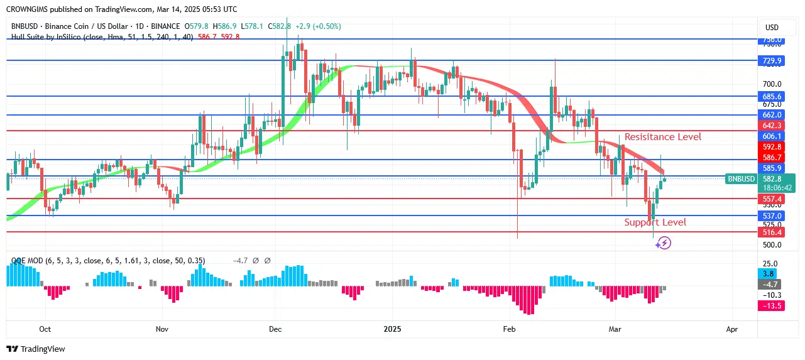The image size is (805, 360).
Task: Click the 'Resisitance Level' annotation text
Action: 663,137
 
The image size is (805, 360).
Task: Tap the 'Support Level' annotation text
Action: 655,222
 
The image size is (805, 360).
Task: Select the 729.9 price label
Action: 771,61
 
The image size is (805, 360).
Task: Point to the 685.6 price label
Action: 771,97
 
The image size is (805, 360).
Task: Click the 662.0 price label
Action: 771,115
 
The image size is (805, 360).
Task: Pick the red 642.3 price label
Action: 771,126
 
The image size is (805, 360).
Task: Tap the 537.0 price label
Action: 771,215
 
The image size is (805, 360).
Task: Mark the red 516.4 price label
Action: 771,232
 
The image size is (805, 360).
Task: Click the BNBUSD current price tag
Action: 742,179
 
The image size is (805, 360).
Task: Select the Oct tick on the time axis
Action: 45,329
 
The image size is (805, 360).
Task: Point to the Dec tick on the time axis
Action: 275,329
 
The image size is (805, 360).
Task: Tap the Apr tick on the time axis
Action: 731,329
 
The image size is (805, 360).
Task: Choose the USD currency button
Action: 771,28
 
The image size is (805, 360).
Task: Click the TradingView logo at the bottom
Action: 36,349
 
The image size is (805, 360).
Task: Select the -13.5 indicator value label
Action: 771,305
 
